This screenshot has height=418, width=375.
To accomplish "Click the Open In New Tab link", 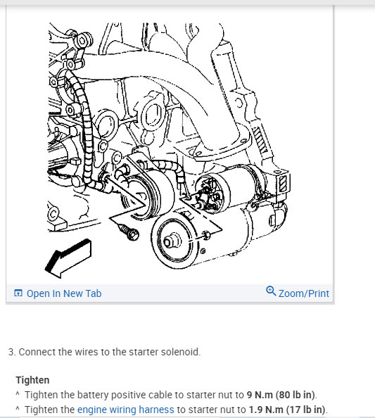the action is pos(64,293).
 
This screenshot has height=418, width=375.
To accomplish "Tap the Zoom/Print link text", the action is pos(303,293).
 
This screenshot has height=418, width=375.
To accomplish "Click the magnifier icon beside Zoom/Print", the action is pos(271,291).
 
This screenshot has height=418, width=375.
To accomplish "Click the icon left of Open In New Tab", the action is pos(18,293).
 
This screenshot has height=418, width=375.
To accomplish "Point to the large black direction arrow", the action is pos(68,258).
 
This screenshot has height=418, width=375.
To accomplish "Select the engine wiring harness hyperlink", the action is pos(125,410).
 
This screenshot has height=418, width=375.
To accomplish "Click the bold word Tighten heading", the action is pos(32,380).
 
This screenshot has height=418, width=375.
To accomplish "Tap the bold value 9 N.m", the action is pos(260,395).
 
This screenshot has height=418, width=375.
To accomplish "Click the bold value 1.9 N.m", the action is pos(266,410).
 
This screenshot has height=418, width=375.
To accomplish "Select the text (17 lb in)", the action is pos(305,410).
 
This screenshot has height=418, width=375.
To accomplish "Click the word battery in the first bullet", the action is pos(93,395).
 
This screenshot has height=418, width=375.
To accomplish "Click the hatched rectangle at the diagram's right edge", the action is pos(283,183).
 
